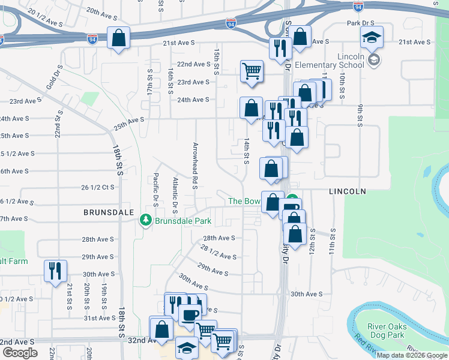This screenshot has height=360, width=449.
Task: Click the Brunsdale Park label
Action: (183, 221)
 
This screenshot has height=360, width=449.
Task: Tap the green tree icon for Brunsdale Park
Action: (145, 221)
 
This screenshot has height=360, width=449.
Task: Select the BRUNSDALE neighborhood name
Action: (106, 212)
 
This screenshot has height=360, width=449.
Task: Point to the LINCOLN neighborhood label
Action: (347, 191)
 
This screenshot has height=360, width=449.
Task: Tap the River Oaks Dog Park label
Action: (387, 331)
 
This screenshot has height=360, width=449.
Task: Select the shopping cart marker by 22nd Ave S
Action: (252, 70)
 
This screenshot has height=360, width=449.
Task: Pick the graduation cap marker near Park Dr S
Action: (372, 37)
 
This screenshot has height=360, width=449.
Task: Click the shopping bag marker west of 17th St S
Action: (118, 38)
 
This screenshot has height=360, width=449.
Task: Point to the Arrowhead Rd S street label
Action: (195, 166)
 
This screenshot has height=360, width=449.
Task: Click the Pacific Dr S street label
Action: (155, 190)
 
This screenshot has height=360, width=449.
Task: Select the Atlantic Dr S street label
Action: (175, 195)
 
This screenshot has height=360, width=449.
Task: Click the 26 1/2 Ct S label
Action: (97, 187)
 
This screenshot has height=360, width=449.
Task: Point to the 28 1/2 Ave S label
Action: (218, 252)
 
